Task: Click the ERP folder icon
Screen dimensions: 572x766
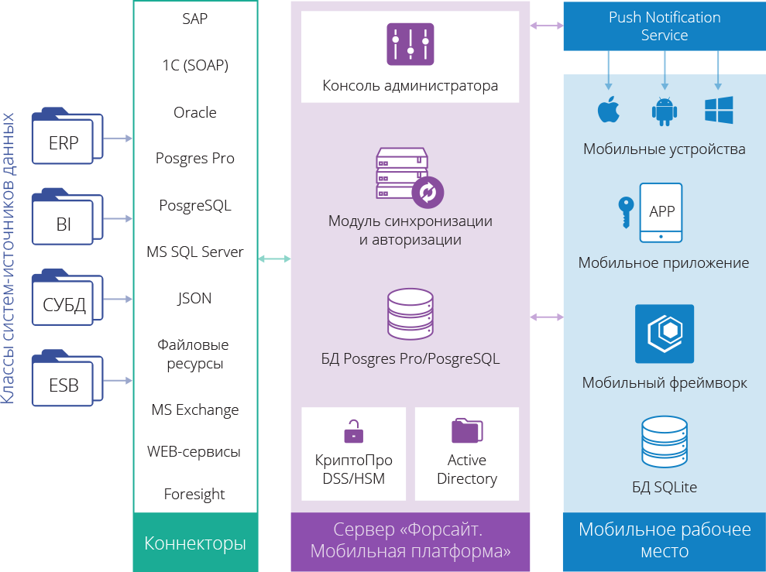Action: pyautogui.click(x=67, y=140)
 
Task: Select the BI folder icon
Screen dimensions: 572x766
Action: pyautogui.click(x=67, y=220)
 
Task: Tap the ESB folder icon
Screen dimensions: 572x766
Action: pyautogui.click(x=67, y=380)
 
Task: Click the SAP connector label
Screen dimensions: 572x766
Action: pyautogui.click(x=195, y=19)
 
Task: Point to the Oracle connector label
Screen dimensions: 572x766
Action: pyautogui.click(x=195, y=112)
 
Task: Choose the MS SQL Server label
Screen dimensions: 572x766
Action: pyautogui.click(x=195, y=252)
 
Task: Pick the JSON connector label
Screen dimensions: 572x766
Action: pyautogui.click(x=195, y=298)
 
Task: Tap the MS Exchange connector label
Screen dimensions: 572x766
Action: pyautogui.click(x=195, y=409)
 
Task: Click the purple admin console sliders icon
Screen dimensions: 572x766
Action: pyautogui.click(x=410, y=43)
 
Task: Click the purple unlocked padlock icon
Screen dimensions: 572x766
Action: pyautogui.click(x=353, y=430)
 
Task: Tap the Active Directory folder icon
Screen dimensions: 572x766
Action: pyautogui.click(x=467, y=430)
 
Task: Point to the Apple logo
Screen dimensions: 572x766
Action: pyautogui.click(x=609, y=111)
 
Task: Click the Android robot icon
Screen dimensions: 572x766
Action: pyautogui.click(x=664, y=111)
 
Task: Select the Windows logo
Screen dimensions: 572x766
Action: pyautogui.click(x=719, y=111)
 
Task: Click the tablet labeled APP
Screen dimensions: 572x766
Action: pyautogui.click(x=661, y=213)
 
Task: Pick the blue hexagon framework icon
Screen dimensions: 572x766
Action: pyautogui.click(x=664, y=334)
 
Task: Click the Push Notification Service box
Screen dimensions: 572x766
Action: pyautogui.click(x=664, y=26)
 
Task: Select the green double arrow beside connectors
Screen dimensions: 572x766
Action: pyautogui.click(x=274, y=259)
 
